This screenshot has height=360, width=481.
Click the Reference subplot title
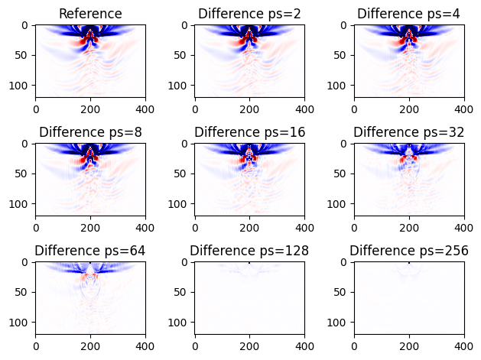tap(90, 14)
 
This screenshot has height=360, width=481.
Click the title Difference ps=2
tap(249, 14)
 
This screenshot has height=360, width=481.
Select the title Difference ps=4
tap(409, 14)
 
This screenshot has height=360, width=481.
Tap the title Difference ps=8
tap(90, 132)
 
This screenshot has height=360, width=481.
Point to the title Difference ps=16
tap(249, 132)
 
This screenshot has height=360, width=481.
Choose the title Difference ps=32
tap(409, 132)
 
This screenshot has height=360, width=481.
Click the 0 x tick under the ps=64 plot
tap(36, 345)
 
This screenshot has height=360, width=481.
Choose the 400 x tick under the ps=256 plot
tap(464, 345)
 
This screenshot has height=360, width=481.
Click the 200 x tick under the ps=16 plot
tap(249, 226)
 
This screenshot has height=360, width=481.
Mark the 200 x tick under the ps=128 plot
tap(249, 345)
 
